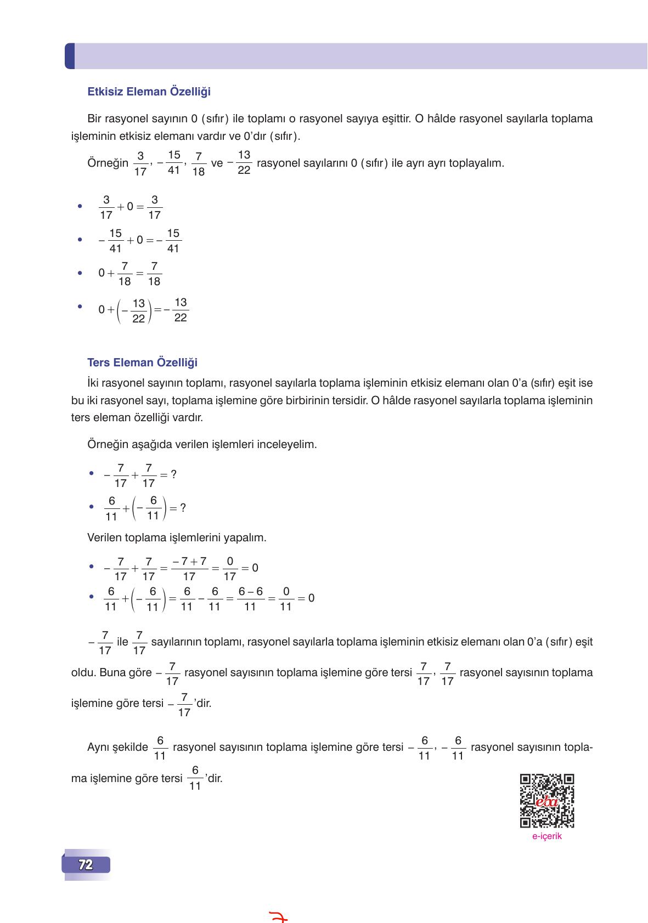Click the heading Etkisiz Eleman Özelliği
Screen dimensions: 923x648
point(149,92)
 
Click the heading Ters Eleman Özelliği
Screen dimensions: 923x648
point(142,363)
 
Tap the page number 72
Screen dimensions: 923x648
point(86,865)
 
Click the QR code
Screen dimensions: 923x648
point(546,801)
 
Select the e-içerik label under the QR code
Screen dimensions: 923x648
point(546,836)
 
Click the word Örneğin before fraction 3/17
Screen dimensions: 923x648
point(108,163)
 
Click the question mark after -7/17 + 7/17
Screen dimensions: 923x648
point(173,474)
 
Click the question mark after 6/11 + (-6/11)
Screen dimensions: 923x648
point(183,508)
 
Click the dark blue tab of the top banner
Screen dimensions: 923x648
point(69,56)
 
